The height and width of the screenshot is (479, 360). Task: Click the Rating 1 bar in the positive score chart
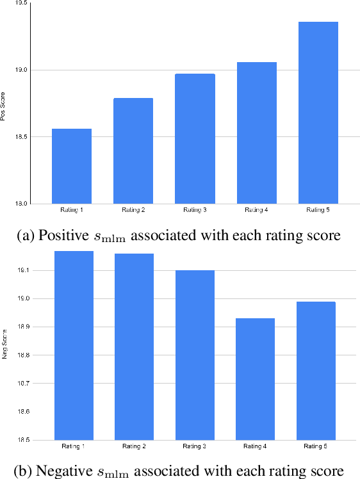[x=72, y=166]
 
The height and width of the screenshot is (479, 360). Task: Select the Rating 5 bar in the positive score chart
[x=318, y=113]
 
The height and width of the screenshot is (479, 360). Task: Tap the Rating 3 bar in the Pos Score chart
[x=195, y=138]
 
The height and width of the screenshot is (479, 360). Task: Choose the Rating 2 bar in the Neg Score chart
[x=133, y=346]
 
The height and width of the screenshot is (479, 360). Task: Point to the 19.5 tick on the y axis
[x=21, y=3]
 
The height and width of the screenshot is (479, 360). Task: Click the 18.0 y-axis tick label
[x=21, y=204]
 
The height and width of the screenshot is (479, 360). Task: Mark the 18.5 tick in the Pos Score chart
[x=21, y=137]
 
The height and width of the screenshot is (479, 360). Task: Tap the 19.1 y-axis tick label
[x=21, y=271]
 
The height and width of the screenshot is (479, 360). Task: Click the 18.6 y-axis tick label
[x=21, y=412]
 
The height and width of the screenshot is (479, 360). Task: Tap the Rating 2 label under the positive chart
[x=133, y=210]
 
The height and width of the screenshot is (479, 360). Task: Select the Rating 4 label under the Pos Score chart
[x=256, y=210]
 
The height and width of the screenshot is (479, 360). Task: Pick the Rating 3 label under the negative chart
[x=195, y=446]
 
